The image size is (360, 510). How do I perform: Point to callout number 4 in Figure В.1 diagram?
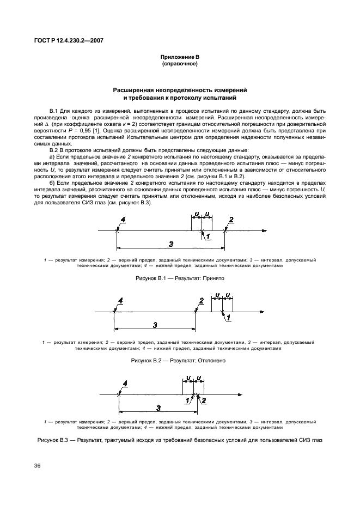(123, 220)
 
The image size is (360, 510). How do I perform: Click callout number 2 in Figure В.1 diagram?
(231, 220)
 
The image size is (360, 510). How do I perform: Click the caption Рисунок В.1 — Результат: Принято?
(179, 278)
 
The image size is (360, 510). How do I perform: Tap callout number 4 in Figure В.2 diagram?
(120, 300)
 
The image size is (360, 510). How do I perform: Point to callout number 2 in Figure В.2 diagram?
(201, 300)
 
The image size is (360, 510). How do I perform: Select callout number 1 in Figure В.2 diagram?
(228, 317)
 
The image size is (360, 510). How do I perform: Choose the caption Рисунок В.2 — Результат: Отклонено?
(179, 361)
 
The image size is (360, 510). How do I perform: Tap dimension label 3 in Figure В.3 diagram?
(158, 407)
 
